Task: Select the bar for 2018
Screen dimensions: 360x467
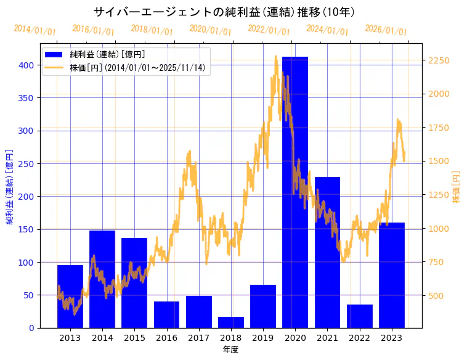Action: (230, 322)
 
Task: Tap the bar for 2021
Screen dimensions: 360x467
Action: (327, 252)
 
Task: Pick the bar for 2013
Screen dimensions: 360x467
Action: (70, 297)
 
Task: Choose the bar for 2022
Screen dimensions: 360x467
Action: (359, 316)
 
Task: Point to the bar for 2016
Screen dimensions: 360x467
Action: (166, 314)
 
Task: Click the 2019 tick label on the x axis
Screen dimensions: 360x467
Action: (262, 338)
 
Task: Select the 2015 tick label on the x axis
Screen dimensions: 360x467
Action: (134, 338)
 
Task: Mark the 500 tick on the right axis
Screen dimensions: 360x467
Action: (437, 296)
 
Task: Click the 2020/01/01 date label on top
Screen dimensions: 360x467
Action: (210, 30)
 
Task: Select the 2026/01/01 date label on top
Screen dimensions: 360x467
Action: (386, 30)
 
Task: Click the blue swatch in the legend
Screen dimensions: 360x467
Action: (54, 55)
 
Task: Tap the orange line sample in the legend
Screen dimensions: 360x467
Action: (54, 67)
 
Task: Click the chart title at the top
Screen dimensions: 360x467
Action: (224, 12)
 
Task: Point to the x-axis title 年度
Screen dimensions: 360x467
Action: (230, 350)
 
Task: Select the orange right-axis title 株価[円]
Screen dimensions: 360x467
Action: (456, 187)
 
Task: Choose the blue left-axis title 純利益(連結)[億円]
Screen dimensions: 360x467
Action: (9, 186)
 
